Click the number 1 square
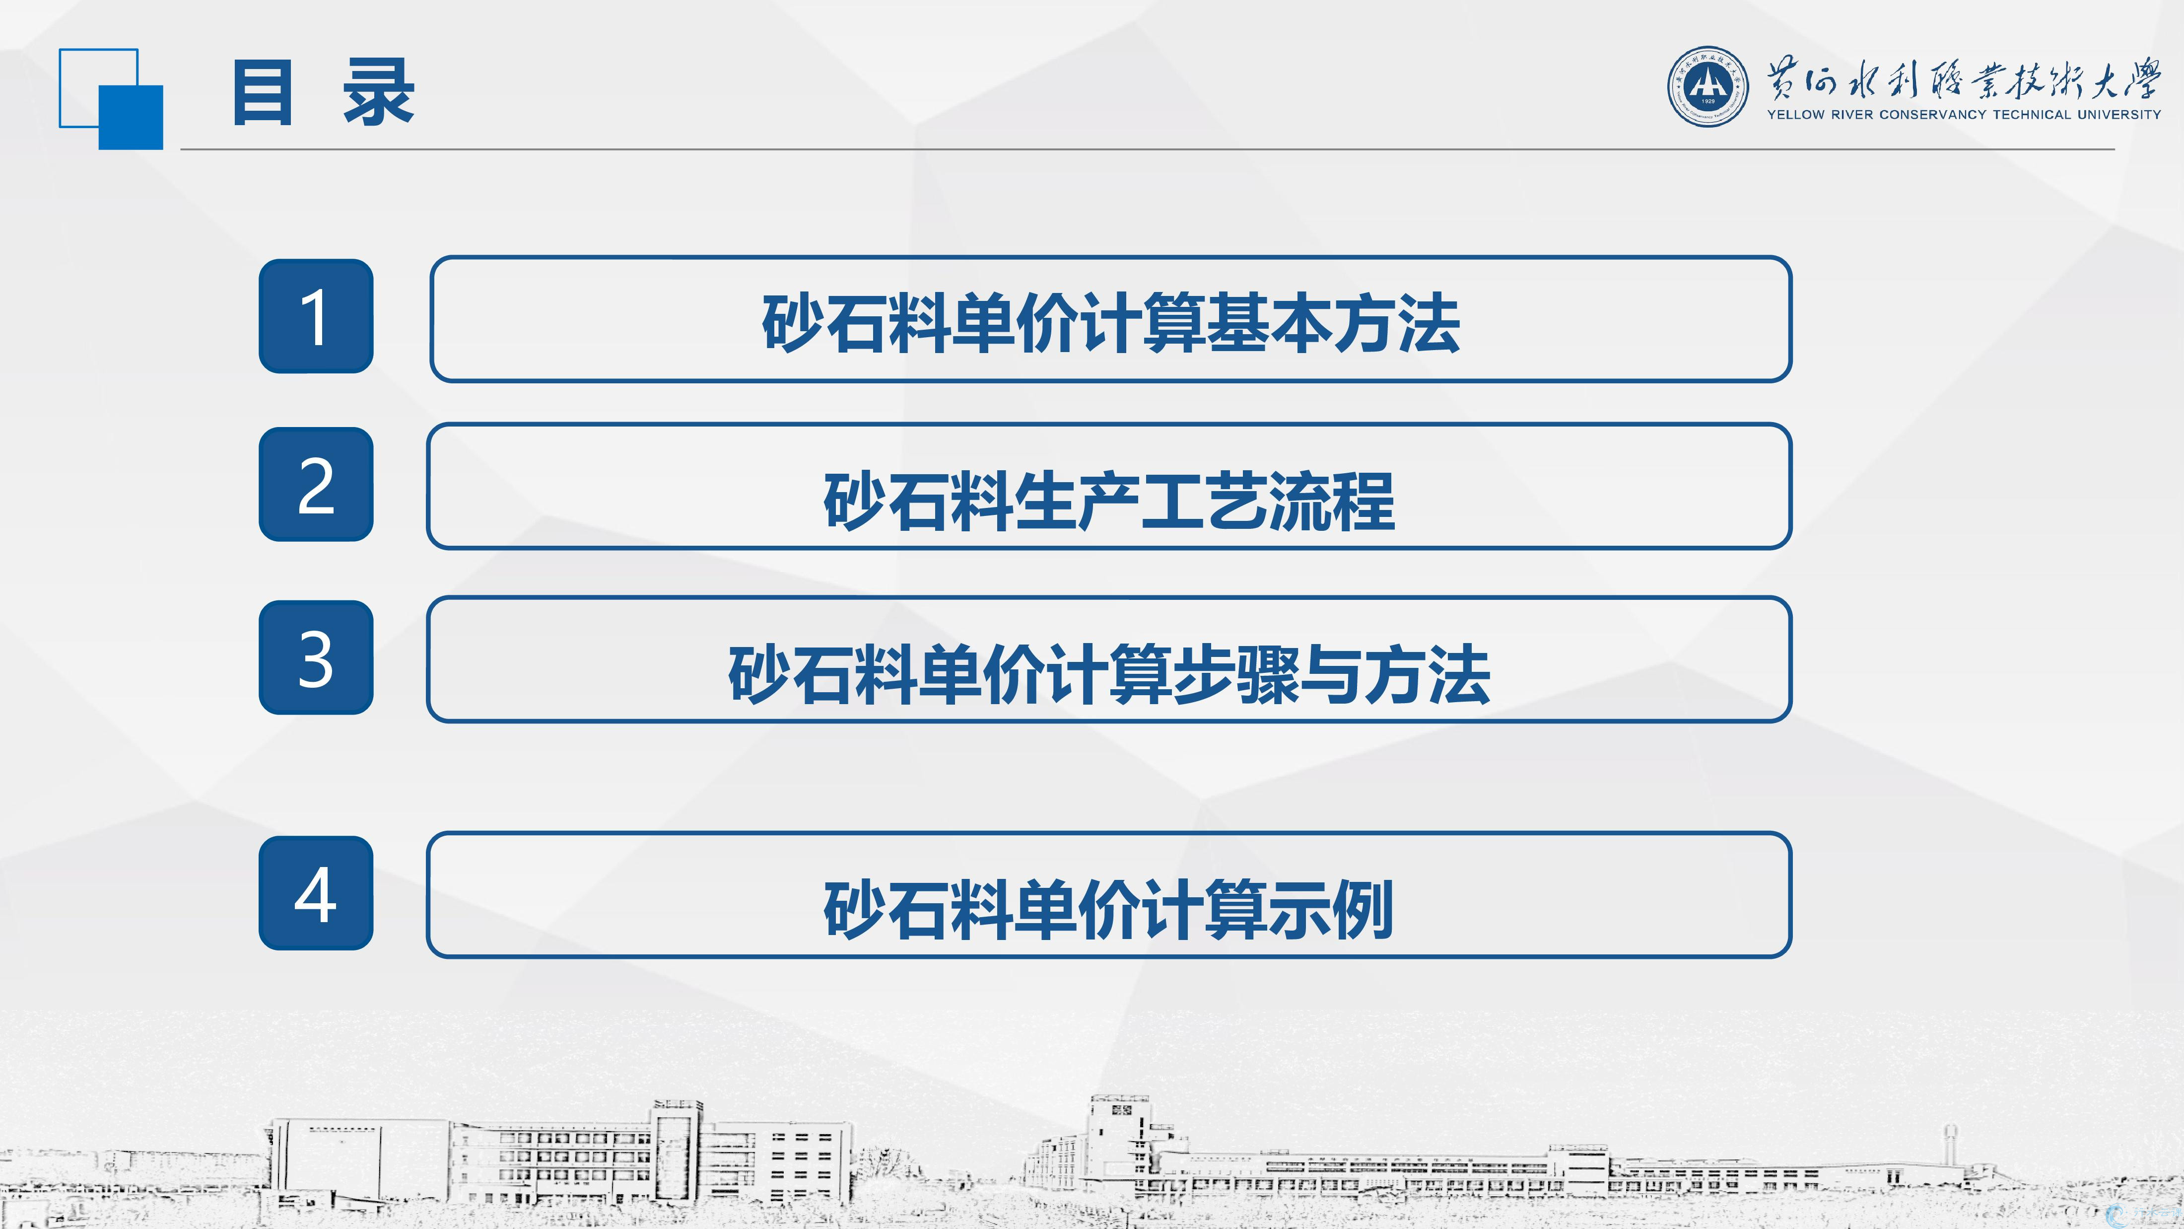coord(315,315)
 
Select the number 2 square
coord(315,484)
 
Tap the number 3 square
coord(315,657)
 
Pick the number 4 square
coord(315,893)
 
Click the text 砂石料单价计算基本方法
coord(1111,323)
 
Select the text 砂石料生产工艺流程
coord(1109,501)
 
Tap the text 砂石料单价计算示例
coord(1109,909)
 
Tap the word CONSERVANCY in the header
coord(1933,115)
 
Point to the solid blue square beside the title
coord(131,117)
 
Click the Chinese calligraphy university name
coord(1964,80)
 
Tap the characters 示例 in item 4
coord(1331,909)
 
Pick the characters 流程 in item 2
coord(1332,501)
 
